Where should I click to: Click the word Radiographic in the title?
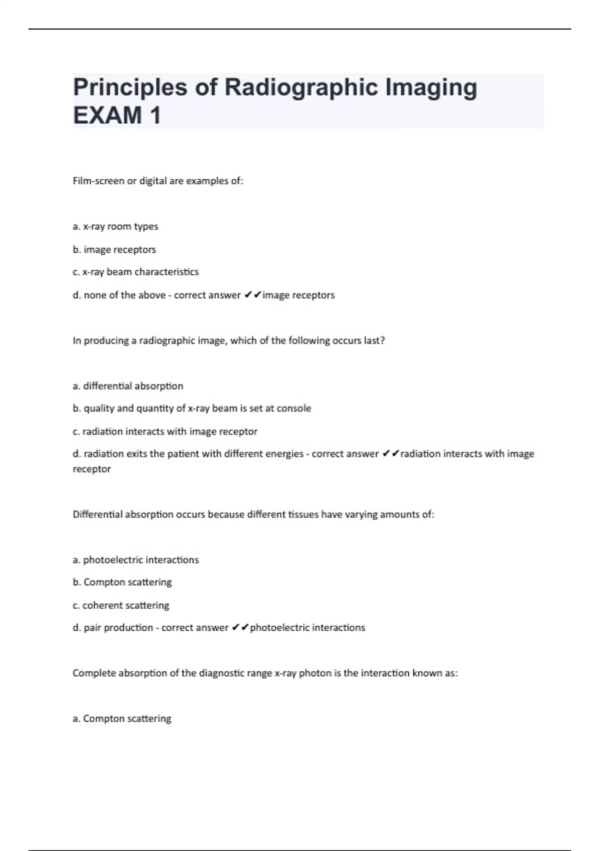click(301, 88)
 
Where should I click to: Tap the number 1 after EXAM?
click(155, 116)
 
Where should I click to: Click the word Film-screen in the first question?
click(98, 181)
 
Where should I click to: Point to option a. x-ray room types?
click(115, 226)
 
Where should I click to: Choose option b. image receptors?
click(114, 249)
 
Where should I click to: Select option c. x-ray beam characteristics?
click(135, 272)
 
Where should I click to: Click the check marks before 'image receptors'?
click(253, 295)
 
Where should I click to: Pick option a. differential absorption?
click(128, 386)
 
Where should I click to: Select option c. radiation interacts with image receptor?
click(165, 432)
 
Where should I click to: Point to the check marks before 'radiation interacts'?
click(390, 454)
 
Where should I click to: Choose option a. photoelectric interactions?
click(135, 560)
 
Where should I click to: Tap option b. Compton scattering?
click(122, 582)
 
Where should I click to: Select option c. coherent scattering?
click(121, 605)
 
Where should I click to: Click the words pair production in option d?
click(118, 628)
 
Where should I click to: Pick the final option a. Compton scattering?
click(122, 719)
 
